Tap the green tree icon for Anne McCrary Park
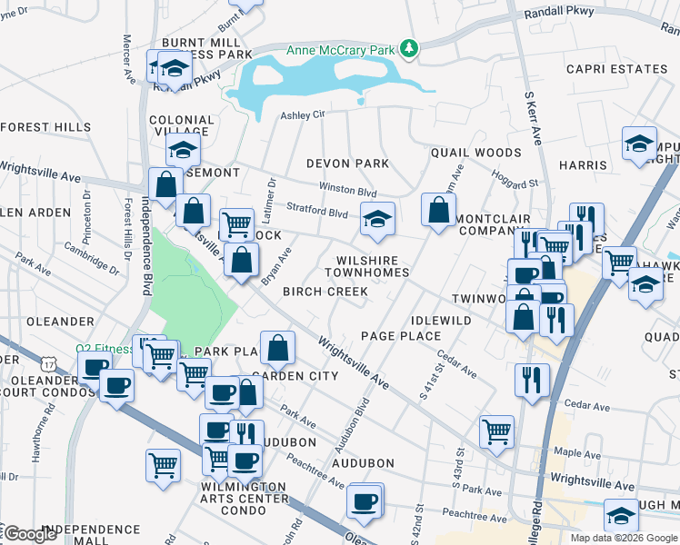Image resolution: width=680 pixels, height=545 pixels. click(411, 48)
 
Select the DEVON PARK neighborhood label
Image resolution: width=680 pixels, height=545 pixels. click(347, 163)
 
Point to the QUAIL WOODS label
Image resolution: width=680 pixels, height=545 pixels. click(476, 153)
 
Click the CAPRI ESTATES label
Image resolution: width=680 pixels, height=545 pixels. click(616, 69)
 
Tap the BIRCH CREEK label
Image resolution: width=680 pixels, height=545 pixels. click(325, 292)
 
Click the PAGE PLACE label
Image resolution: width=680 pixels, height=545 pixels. click(401, 336)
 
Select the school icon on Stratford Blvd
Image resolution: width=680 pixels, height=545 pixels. click(377, 218)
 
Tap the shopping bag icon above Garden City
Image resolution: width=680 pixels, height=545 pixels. click(277, 347)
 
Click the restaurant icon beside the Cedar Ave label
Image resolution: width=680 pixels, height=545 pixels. click(532, 380)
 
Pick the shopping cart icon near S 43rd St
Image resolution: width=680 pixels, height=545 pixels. click(496, 432)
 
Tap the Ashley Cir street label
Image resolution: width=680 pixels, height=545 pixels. click(302, 115)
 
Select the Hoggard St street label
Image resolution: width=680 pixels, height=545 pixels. click(521, 183)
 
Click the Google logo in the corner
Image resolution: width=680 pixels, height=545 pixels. click(30, 535)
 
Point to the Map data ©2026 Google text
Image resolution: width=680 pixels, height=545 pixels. click(623, 538)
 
